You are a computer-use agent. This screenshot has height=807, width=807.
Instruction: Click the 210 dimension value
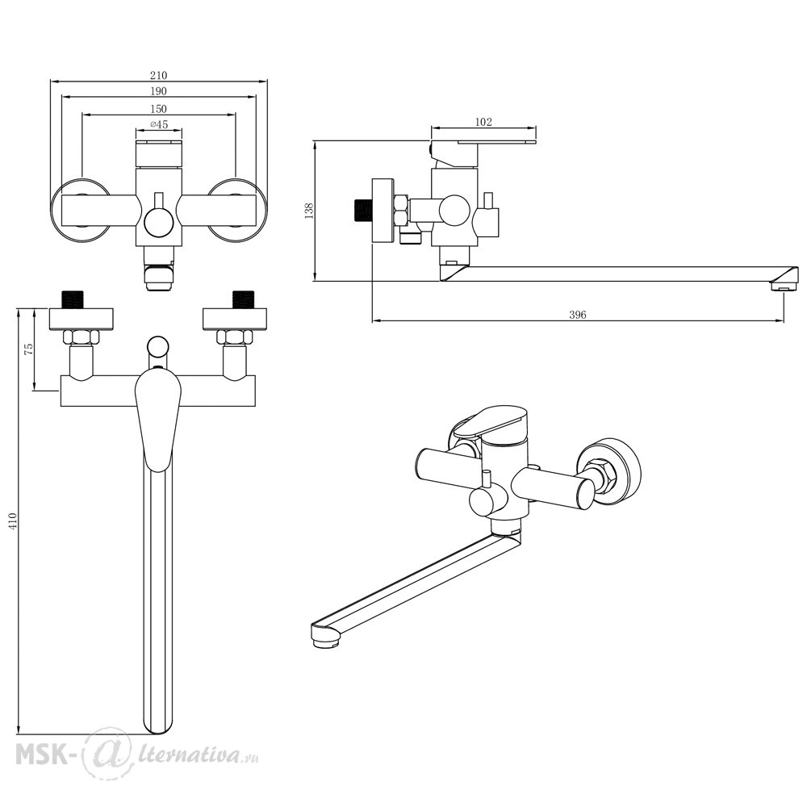coord(158,75)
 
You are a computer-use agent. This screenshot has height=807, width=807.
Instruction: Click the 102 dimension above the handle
coord(483,123)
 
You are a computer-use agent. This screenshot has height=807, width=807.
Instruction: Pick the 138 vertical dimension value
coord(308,211)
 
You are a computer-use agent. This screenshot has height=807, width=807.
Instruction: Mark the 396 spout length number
coord(577,315)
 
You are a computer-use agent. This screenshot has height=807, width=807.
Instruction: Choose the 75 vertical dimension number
coord(29,349)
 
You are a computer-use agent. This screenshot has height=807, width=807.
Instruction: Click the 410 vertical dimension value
coord(12,521)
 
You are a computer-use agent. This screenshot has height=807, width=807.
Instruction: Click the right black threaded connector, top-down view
coord(243,299)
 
